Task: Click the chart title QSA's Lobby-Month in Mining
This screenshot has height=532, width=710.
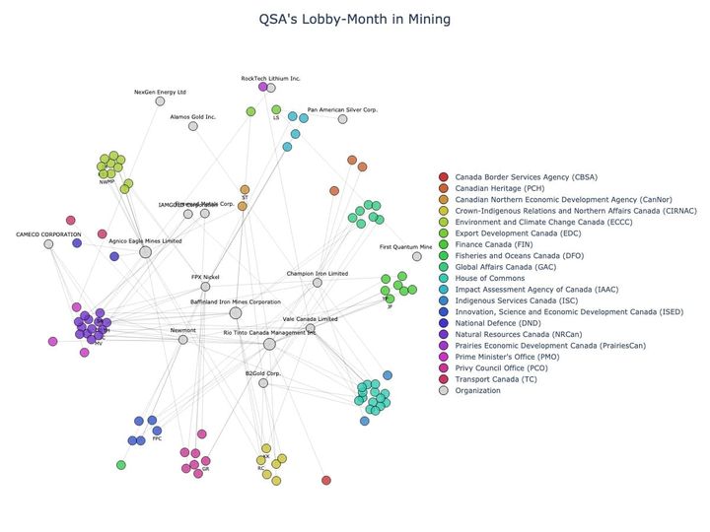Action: [x=354, y=19]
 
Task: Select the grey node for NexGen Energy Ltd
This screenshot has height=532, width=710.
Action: [x=161, y=100]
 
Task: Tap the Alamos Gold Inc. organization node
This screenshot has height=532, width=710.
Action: [x=193, y=126]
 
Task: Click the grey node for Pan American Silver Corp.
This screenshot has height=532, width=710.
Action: [x=343, y=119]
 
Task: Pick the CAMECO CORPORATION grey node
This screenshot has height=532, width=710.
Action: [x=48, y=243]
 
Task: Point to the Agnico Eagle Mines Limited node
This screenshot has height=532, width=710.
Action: [x=146, y=252]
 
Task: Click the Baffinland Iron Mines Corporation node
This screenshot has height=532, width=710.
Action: [x=236, y=313]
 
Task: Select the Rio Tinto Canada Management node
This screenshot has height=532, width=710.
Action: [x=269, y=344]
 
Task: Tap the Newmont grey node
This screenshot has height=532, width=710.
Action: [x=182, y=340]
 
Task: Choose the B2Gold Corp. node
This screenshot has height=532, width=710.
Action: [x=263, y=382]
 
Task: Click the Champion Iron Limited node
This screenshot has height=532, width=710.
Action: [x=318, y=283]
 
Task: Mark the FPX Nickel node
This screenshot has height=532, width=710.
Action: [x=205, y=287]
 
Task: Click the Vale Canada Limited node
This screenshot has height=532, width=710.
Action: [x=311, y=328]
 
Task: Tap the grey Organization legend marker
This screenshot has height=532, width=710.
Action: [x=444, y=390]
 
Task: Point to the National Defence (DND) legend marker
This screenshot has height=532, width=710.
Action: [x=444, y=323]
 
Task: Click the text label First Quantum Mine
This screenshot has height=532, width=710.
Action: [x=406, y=247]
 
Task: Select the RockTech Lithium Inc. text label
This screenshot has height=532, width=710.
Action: [x=271, y=78]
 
